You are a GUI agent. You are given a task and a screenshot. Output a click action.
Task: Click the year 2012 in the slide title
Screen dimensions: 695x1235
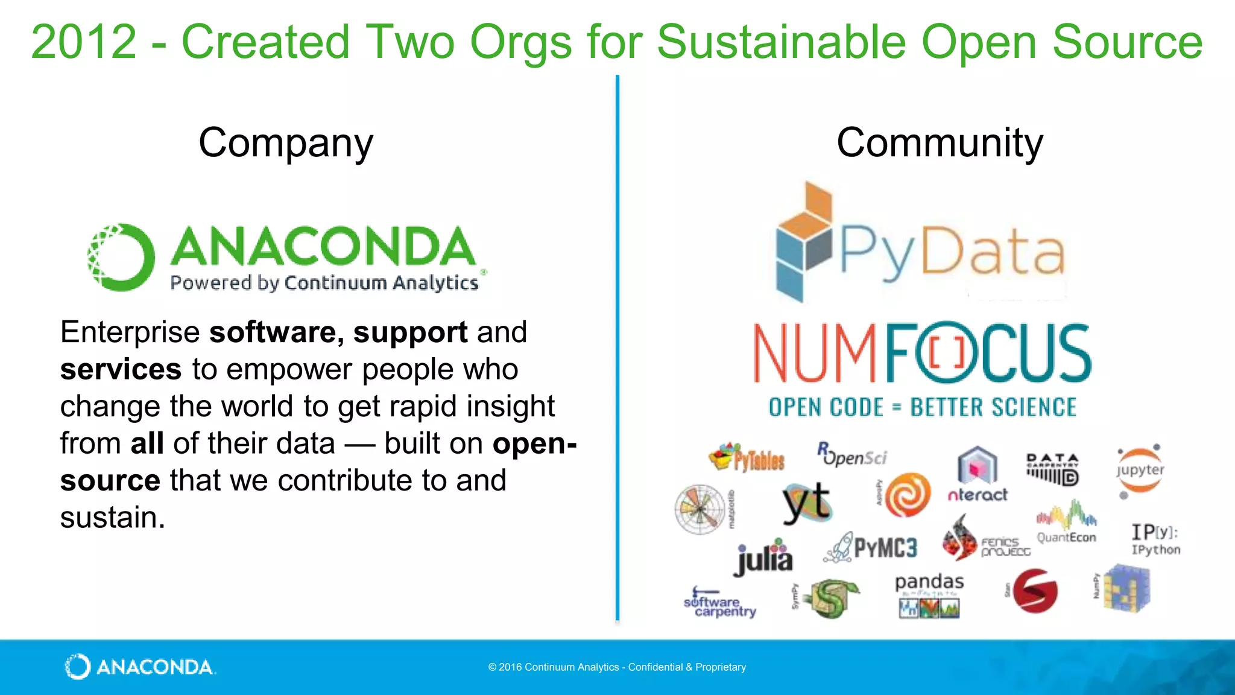84,42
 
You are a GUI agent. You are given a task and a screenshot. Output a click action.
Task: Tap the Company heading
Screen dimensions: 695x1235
286,144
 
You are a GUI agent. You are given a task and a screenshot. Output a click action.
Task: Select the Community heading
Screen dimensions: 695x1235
940,144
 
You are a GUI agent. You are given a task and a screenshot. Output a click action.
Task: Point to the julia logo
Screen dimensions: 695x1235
764,557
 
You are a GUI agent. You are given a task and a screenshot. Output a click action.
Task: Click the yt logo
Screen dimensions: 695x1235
806,502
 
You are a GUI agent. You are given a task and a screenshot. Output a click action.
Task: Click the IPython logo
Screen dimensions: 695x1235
1155,539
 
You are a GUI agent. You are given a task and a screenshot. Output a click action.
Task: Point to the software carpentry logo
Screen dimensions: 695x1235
719,603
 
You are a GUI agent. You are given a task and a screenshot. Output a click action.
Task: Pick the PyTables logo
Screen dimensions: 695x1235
747,458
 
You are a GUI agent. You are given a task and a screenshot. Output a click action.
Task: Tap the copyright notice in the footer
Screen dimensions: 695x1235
617,667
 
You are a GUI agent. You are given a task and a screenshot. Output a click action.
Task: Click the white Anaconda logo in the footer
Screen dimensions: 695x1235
140,667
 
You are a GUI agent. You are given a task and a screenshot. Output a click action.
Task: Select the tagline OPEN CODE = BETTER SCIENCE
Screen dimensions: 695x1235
922,408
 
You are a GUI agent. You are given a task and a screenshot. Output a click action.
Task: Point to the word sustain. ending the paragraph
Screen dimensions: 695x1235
113,518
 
